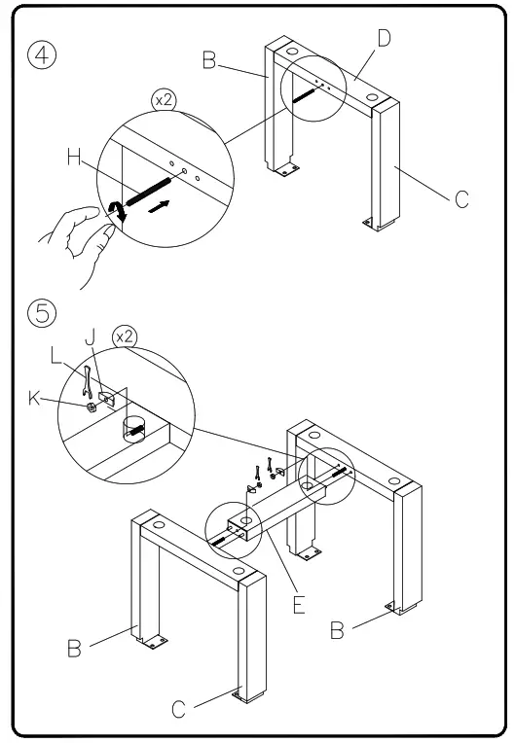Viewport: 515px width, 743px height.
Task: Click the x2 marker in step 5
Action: point(124,335)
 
